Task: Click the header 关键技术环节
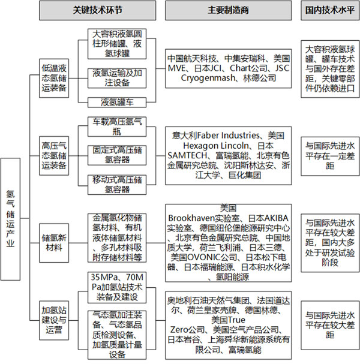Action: pos(98,10)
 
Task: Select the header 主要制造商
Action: pos(229,10)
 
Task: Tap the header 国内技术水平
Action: pos(330,10)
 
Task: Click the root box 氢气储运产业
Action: pos(10,219)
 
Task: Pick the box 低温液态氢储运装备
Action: pos(54,78)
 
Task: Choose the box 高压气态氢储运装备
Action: pos(54,155)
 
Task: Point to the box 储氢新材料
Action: pos(54,243)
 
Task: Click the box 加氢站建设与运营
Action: pos(54,320)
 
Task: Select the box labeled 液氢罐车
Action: pos(117,103)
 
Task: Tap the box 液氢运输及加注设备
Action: pos(117,78)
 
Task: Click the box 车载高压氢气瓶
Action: pos(117,127)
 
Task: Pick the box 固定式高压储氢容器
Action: pos(117,155)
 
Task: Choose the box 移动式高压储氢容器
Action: pos(117,185)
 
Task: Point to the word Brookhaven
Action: pos(191,218)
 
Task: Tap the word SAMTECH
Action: pos(187,155)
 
